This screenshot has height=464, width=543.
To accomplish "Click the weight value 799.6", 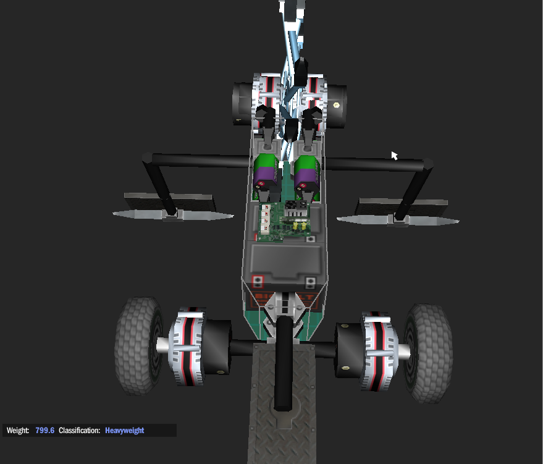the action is [44, 431].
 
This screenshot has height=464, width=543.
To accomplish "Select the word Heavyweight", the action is [125, 431].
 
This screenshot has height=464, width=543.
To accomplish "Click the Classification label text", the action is [79, 431].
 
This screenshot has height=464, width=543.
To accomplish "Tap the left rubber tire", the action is [138, 345].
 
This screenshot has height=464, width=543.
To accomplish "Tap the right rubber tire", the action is [428, 353].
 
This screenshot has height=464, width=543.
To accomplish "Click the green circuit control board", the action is [285, 222].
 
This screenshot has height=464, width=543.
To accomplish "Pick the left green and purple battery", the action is [266, 177].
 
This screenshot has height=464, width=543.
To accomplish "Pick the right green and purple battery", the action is [307, 178].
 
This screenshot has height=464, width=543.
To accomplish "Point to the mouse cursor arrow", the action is [395, 156].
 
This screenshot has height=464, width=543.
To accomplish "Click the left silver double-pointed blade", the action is [173, 214].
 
